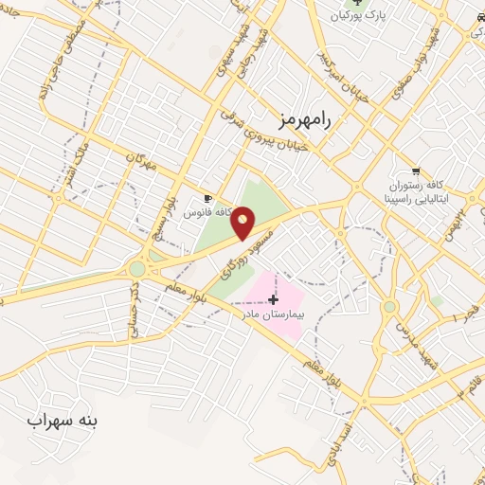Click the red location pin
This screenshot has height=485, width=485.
point(244,225)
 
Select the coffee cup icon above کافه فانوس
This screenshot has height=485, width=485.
point(209,199)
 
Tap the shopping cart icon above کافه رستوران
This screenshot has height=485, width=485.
point(415,171)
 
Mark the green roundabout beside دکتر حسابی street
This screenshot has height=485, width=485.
point(137,269)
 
